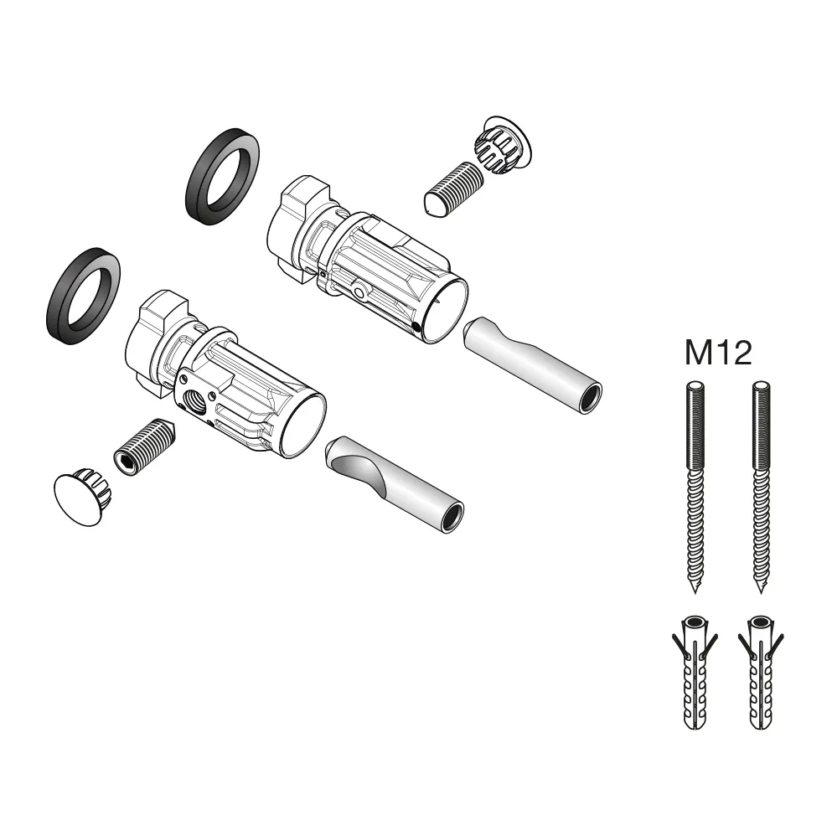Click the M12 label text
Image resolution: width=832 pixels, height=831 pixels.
[x=717, y=354]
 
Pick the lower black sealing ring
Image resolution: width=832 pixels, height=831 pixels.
[x=81, y=297]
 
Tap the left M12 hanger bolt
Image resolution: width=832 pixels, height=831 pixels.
[x=694, y=486]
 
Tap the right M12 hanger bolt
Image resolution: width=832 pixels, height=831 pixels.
[x=759, y=486]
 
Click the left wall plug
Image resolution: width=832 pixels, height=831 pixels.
[x=693, y=674]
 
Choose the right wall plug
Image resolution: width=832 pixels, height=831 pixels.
[x=760, y=674]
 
